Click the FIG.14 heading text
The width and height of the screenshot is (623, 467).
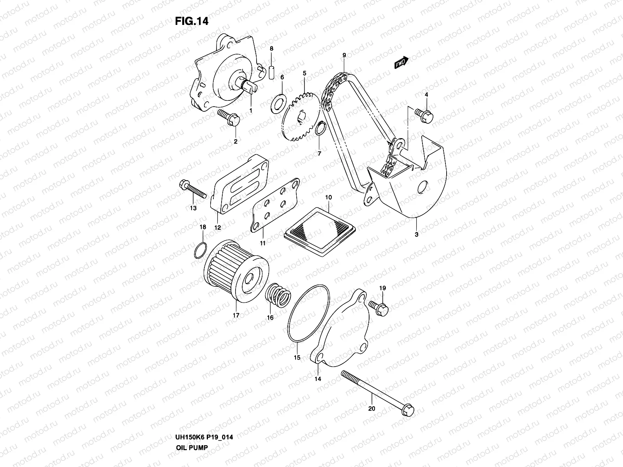(192, 21)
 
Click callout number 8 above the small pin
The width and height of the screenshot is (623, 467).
(272, 49)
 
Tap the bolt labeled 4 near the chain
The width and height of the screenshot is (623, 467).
(424, 114)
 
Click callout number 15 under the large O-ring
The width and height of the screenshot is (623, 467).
(297, 358)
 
